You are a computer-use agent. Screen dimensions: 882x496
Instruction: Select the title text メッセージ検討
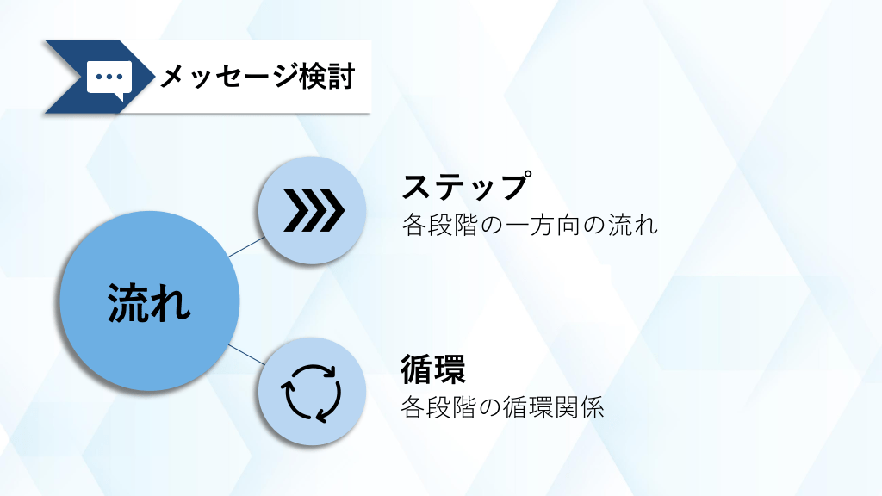click(257, 77)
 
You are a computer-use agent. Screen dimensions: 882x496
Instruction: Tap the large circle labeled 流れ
click(150, 301)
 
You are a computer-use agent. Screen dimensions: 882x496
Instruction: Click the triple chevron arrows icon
click(314, 210)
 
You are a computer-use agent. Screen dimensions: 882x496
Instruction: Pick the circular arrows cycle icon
click(312, 393)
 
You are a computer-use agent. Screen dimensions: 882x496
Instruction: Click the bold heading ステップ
click(466, 186)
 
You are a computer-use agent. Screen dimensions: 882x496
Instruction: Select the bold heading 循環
click(433, 369)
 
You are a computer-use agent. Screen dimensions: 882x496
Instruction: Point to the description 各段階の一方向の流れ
click(530, 226)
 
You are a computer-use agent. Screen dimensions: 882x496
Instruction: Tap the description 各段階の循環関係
click(502, 407)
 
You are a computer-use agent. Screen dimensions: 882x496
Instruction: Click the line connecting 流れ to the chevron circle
click(246, 247)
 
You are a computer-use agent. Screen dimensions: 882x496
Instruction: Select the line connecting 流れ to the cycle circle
click(246, 355)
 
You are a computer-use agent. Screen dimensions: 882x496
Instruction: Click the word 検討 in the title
click(326, 77)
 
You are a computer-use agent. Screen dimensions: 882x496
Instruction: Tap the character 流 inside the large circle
click(127, 302)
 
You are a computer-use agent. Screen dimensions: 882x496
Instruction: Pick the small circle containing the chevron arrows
click(312, 210)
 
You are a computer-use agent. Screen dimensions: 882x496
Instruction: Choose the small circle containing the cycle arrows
click(312, 392)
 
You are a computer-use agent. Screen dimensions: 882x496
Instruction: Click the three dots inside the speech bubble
click(109, 77)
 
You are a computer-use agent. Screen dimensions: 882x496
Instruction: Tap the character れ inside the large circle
click(170, 302)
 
